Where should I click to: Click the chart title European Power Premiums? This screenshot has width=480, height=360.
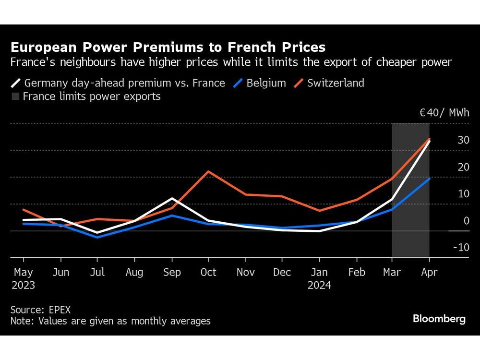tap(168, 48)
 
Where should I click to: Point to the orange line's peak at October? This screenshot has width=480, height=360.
tap(208, 171)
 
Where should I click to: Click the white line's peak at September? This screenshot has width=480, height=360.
tap(172, 198)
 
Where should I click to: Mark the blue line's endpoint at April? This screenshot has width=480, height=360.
tap(429, 179)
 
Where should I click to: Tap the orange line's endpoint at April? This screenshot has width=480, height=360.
tap(429, 139)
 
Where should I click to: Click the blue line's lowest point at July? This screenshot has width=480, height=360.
tap(97, 237)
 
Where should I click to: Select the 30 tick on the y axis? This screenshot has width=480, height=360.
tap(463, 140)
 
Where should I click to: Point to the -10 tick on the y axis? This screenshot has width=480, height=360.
tap(461, 248)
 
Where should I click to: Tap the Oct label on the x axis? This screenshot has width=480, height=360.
tap(208, 272)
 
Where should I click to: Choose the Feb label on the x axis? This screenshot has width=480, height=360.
tap(356, 272)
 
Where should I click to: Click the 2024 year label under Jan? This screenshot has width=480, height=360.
tap(319, 285)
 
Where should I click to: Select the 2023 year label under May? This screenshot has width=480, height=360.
tap(23, 285)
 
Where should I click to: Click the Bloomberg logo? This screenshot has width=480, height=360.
tap(439, 319)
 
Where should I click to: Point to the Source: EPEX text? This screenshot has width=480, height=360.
tap(40, 310)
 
